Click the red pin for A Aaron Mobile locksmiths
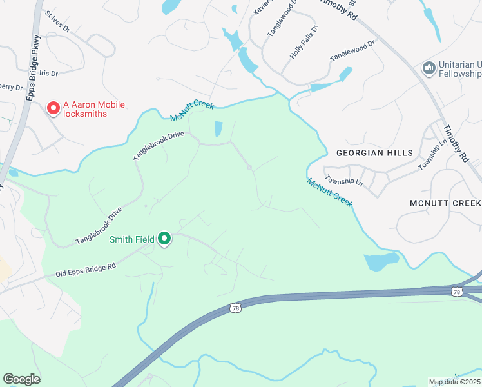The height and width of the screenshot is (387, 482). [53, 108]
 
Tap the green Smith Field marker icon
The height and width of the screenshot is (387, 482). [164, 239]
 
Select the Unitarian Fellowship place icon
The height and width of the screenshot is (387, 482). [429, 68]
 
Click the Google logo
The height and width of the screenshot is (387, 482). [21, 379]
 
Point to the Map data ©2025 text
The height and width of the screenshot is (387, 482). [454, 382]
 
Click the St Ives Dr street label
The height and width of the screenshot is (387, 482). [57, 22]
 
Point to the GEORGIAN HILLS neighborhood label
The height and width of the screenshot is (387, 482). [374, 153]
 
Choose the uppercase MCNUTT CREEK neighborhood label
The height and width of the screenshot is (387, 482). [445, 203]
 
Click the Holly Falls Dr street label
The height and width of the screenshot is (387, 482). [304, 43]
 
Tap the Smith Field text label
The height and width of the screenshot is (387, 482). [131, 239]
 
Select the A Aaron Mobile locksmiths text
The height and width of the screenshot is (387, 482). [93, 109]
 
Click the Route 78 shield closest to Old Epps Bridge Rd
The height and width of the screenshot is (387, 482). [236, 309]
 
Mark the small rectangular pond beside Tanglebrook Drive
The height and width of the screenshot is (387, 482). [218, 129]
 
